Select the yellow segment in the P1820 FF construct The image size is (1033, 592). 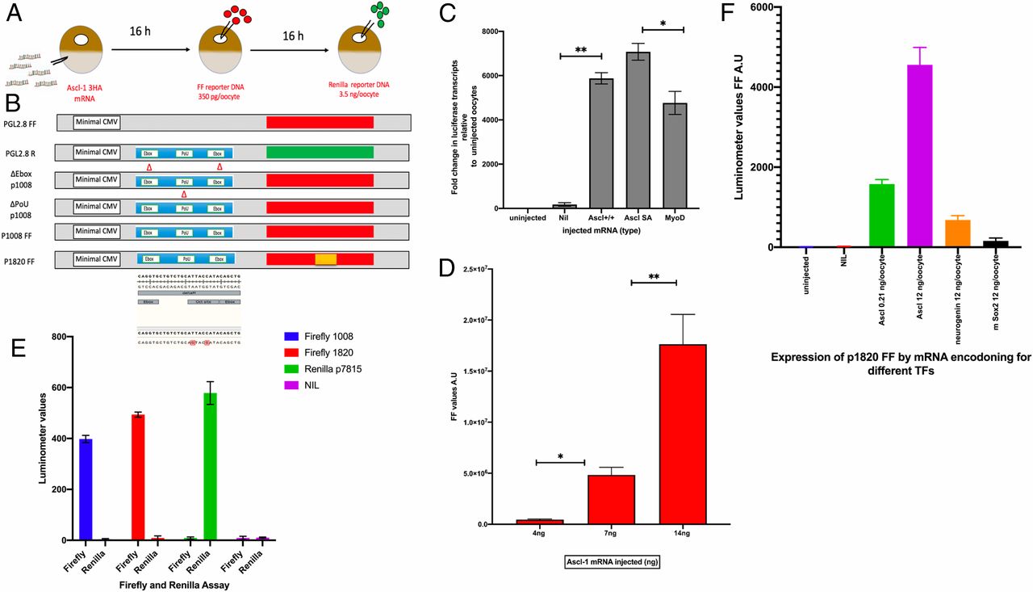coord(325,259)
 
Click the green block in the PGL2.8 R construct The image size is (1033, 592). coord(320,151)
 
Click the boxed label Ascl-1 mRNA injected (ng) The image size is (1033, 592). coord(611,563)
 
